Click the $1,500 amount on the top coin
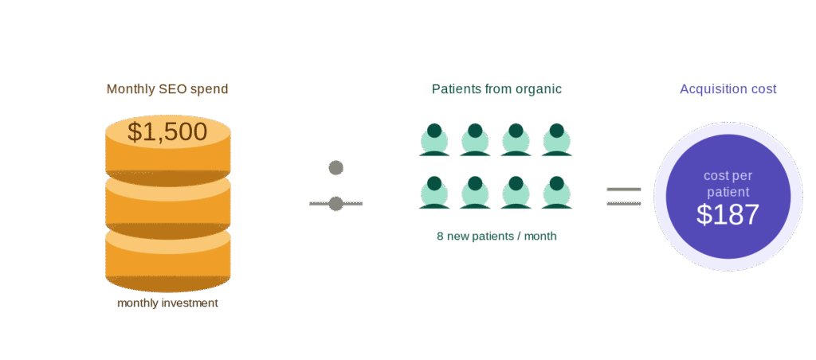167,132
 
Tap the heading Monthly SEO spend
167,89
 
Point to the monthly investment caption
167,303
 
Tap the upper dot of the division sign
335,168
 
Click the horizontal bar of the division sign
335,204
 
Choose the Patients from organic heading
496,89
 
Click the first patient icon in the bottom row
434,193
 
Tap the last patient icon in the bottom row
556,193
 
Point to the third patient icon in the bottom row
516,193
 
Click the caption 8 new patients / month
496,237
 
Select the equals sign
623,197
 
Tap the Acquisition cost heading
728,89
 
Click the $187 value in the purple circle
728,214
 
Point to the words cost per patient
728,183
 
